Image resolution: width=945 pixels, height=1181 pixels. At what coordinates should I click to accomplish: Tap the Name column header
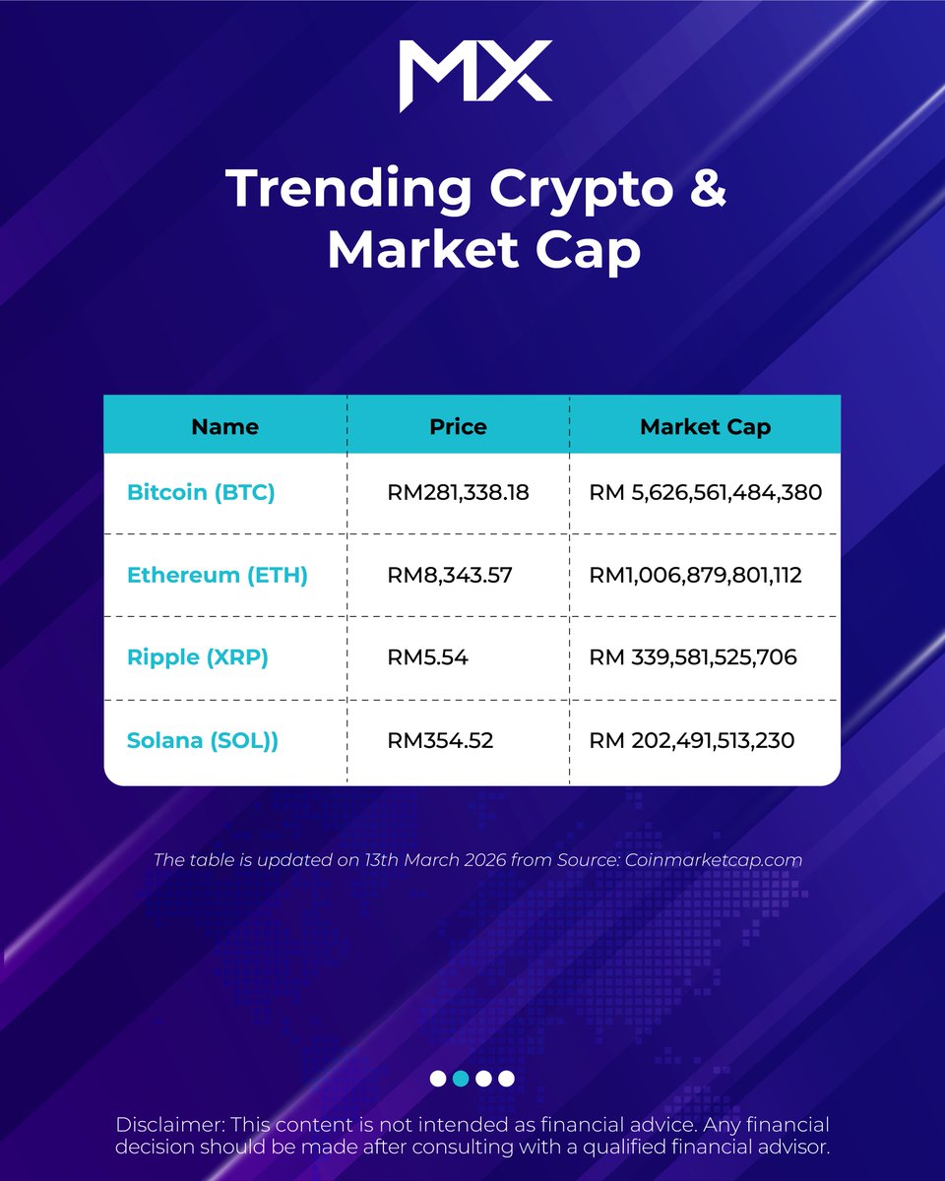click(224, 427)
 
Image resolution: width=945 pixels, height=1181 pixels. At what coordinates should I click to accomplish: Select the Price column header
click(458, 427)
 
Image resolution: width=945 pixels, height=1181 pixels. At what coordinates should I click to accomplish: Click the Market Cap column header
click(705, 427)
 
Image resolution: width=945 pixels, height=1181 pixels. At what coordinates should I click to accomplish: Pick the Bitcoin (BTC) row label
click(201, 492)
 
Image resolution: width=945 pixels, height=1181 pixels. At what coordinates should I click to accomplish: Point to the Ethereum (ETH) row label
click(218, 575)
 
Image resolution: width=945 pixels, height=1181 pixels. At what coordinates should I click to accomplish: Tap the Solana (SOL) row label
click(203, 740)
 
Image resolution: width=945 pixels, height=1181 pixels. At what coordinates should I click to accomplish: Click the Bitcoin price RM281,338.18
click(459, 492)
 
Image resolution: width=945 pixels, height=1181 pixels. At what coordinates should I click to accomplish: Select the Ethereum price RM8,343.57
click(450, 575)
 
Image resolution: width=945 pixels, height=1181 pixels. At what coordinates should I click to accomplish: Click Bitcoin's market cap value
click(705, 492)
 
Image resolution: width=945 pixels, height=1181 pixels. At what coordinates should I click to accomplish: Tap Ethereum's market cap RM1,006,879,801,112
click(695, 575)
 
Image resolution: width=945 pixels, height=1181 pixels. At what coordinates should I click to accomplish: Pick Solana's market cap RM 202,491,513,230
click(692, 740)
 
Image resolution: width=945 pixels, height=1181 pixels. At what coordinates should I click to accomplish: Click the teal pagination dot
click(461, 1079)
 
